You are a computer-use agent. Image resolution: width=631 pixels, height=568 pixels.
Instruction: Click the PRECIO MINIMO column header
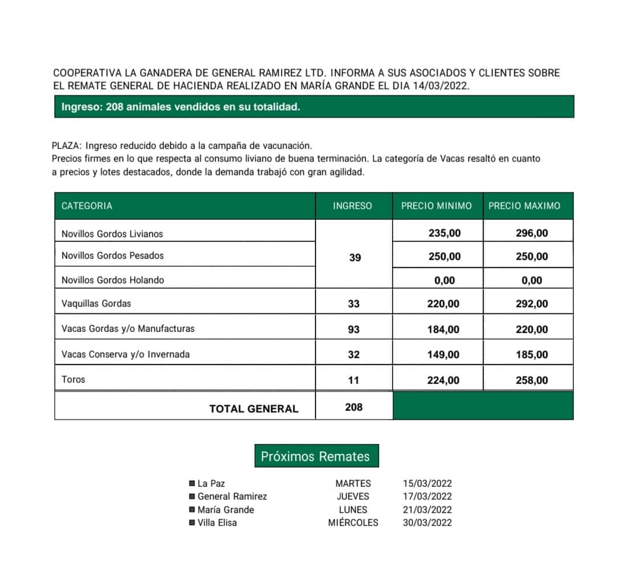point(436,206)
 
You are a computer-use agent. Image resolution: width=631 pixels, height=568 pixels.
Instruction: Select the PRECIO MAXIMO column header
point(524,206)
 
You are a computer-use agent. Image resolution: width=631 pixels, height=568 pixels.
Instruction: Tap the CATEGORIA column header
point(86,206)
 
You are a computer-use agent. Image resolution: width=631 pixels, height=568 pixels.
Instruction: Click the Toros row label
point(74,380)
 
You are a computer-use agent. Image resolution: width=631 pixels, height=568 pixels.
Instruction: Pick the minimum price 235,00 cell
point(445,233)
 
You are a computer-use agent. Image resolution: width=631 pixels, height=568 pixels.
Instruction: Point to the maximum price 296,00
point(532,233)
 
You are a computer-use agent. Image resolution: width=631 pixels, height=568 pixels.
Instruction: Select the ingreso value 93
point(353,330)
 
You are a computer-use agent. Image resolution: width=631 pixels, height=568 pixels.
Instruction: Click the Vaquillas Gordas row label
point(96,304)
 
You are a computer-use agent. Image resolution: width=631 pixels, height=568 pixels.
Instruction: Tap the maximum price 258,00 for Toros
point(532,380)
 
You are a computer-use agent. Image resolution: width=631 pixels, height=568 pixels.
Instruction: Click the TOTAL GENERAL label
point(254,409)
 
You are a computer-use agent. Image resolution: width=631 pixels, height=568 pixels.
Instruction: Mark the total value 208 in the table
point(354,407)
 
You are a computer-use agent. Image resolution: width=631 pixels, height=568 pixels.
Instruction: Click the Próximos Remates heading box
point(316,456)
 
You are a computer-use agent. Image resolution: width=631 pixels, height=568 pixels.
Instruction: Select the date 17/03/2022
point(428,497)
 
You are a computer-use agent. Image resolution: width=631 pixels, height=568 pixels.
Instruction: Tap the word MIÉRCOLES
point(353,523)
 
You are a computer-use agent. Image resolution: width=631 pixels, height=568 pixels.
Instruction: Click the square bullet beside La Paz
point(192,484)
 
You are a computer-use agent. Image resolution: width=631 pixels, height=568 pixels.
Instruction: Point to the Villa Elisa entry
point(217,523)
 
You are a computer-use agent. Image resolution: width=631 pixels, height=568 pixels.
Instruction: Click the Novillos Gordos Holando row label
point(113,280)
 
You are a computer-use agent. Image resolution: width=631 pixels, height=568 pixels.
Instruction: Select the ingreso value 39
point(355,257)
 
